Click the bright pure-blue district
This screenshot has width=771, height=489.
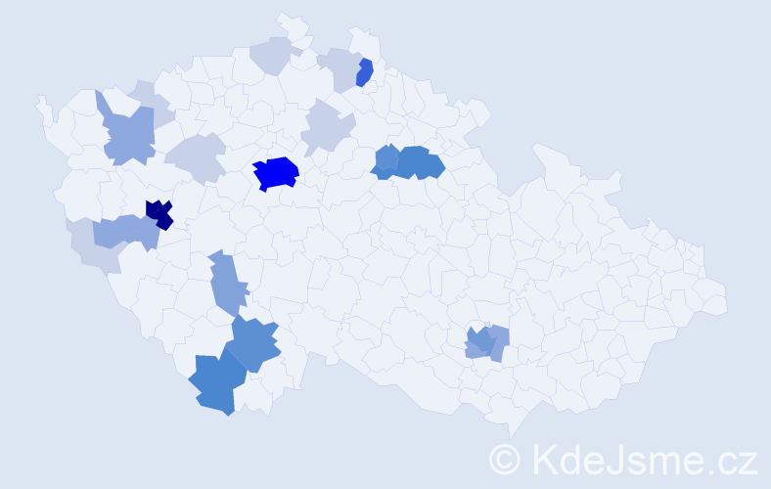pyautogui.click(x=276, y=173)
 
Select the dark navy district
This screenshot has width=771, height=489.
pyautogui.click(x=159, y=212)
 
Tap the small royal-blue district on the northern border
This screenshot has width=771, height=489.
pyautogui.click(x=365, y=72)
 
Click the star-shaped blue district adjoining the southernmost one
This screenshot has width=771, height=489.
pyautogui.click(x=255, y=343)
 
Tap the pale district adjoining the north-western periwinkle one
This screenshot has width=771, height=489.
pyautogui.click(x=151, y=98)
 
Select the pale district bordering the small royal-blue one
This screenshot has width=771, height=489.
pyautogui.click(x=339, y=68)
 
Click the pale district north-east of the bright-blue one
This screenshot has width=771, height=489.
pyautogui.click(x=326, y=129)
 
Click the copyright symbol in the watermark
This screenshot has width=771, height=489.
pyautogui.click(x=505, y=459)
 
